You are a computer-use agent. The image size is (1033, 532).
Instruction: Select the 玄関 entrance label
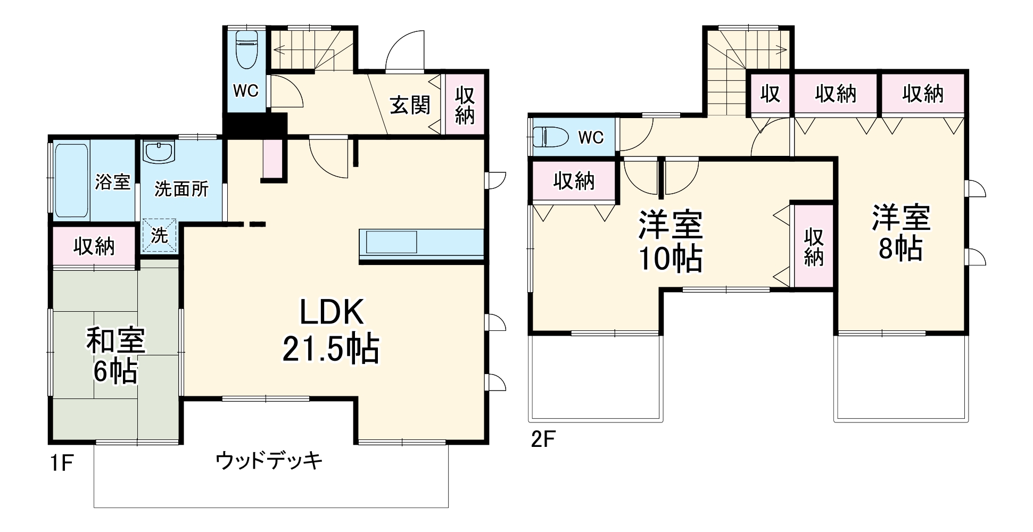(x=410, y=105)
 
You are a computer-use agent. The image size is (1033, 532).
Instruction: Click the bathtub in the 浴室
(x=71, y=181)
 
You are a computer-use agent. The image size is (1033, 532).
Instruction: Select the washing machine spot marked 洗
(x=159, y=235)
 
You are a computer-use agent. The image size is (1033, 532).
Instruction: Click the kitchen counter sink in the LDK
(x=391, y=242)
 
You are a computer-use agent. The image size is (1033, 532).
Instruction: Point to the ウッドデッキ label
(x=269, y=461)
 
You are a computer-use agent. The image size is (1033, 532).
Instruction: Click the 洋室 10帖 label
(x=671, y=242)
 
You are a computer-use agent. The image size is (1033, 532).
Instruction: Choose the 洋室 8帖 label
(x=901, y=232)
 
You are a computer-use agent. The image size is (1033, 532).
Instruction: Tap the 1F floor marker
(x=61, y=463)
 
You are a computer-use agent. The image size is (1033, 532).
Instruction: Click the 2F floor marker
(x=543, y=439)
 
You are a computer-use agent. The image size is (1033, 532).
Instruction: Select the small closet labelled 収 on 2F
(x=770, y=94)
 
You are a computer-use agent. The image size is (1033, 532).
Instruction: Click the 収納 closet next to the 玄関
(x=465, y=105)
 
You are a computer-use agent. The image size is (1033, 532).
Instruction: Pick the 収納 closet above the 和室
(x=94, y=246)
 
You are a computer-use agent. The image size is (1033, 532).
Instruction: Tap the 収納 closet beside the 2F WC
(x=574, y=181)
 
